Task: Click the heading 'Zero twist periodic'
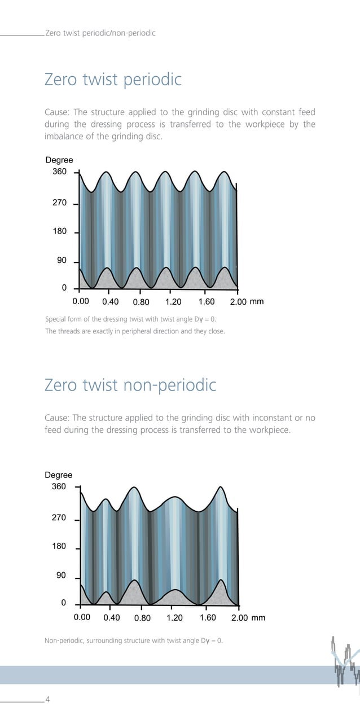pyautogui.click(x=113, y=80)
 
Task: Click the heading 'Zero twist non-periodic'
pyautogui.click(x=130, y=385)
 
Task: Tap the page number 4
pyautogui.click(x=47, y=700)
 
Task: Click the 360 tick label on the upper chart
pyautogui.click(x=59, y=172)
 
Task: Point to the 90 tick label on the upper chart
pyautogui.click(x=62, y=261)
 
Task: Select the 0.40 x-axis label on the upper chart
pyautogui.click(x=110, y=302)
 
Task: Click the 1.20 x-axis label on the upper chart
pyautogui.click(x=174, y=302)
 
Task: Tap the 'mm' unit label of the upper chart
pyautogui.click(x=257, y=302)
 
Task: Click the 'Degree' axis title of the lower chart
pyautogui.click(x=59, y=475)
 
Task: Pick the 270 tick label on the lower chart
pyautogui.click(x=59, y=517)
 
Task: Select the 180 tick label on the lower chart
pyautogui.click(x=59, y=546)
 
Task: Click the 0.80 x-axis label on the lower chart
pyautogui.click(x=142, y=618)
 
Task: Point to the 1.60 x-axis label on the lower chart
pyautogui.click(x=208, y=618)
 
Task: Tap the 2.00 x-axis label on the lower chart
pyautogui.click(x=240, y=618)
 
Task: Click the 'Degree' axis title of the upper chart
pyautogui.click(x=59, y=160)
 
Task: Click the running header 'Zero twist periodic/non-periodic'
pyautogui.click(x=100, y=33)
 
